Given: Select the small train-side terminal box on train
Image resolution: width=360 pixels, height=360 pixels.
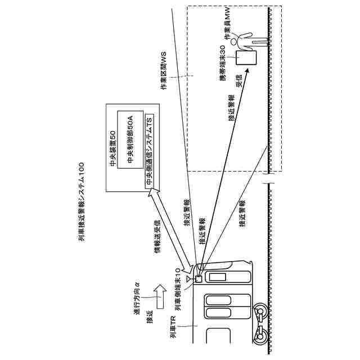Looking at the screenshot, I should [198, 278].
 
